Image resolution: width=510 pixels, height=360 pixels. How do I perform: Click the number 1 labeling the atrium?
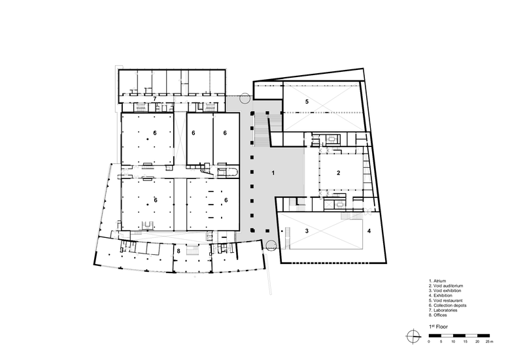(273, 173)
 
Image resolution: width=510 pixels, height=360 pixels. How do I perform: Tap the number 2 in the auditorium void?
(338, 173)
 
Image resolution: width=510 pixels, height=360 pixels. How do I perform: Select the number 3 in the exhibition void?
(307, 231)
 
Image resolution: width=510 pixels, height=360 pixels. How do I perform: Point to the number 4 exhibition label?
(369, 231)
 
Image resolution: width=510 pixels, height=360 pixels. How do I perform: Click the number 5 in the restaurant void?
(307, 102)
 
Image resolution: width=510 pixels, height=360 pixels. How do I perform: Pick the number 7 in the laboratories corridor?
(155, 99)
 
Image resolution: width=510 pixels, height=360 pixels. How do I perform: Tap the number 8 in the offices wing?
(178, 251)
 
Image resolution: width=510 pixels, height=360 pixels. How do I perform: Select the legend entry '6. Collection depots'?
(447, 305)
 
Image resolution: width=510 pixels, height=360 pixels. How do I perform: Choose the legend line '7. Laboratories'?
(443, 310)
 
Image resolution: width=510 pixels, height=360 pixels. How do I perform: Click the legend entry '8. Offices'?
(438, 315)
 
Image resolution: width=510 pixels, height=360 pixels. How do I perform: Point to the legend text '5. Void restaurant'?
(446, 301)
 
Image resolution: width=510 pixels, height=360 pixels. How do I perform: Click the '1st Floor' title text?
(438, 327)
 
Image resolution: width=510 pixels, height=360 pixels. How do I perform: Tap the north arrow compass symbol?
(413, 336)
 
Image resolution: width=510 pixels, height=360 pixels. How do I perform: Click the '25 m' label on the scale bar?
(490, 342)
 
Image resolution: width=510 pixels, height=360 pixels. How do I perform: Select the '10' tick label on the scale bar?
(453, 342)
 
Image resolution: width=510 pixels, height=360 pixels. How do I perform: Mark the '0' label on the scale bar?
(429, 342)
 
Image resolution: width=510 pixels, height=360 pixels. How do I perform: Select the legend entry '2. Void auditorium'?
(446, 286)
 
